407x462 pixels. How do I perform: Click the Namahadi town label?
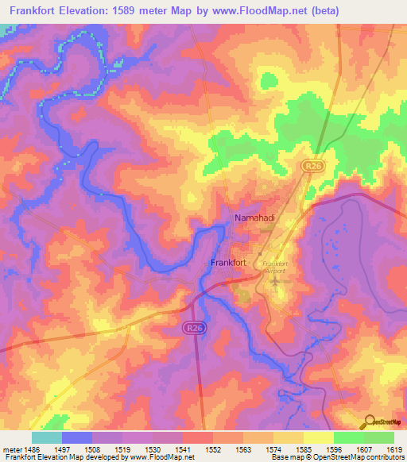click(254, 217)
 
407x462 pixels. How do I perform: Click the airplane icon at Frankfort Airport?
click(276, 283)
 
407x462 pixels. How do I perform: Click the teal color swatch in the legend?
click(46, 437)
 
